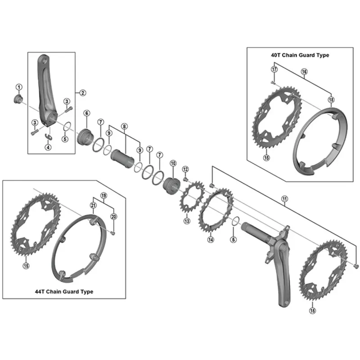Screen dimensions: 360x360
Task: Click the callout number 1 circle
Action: pos(19,87)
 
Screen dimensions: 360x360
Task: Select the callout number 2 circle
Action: pos(82,93)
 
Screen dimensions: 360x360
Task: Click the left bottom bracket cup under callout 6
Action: pos(85,135)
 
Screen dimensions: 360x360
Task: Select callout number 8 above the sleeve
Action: pos(125,127)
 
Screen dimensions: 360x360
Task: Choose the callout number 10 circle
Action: pos(172,163)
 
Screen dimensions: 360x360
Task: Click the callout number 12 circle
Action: pos(185,169)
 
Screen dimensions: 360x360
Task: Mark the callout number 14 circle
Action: pos(210,240)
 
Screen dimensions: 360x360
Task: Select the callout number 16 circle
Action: pos(304,72)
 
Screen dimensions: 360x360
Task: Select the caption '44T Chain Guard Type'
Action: pos(64,292)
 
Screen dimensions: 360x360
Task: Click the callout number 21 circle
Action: pos(93,206)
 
